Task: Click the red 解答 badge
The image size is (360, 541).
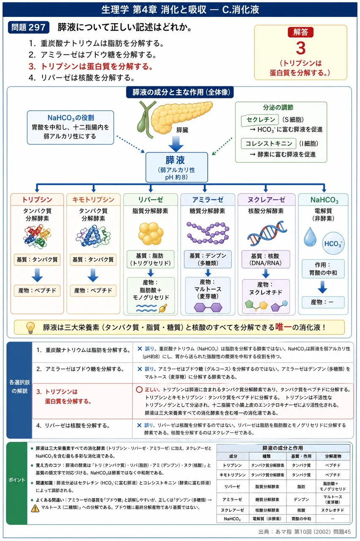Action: [x=300, y=32]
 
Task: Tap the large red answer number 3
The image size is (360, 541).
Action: [x=300, y=48]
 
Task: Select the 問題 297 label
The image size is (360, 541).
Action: [x=28, y=27]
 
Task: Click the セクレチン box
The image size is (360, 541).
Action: [x=260, y=120]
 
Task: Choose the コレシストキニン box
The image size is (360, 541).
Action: [x=268, y=144]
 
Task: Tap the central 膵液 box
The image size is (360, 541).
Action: [x=177, y=167]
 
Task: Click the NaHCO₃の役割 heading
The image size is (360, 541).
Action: [x=70, y=118]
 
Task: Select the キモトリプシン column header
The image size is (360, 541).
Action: [x=93, y=199]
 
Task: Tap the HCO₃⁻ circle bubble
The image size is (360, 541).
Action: [x=333, y=243]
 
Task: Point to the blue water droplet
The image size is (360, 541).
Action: [x=310, y=237]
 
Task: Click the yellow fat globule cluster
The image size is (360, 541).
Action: [x=151, y=234]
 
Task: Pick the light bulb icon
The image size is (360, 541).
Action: [x=30, y=328]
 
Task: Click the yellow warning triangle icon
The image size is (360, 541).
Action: [x=35, y=508]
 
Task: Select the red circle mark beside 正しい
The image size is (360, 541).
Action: [x=139, y=389]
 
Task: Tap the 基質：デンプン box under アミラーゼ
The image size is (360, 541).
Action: [x=208, y=260]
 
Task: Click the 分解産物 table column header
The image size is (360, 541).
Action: [x=333, y=456]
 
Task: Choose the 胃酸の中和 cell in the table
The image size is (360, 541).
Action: [x=301, y=519]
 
